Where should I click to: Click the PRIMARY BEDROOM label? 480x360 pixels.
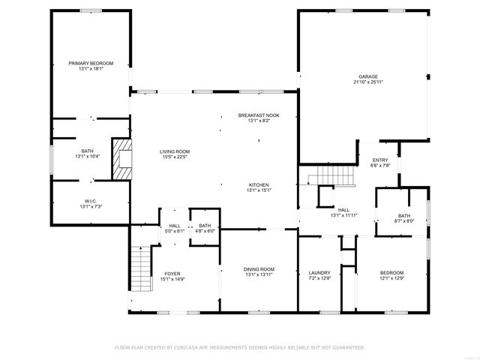91,63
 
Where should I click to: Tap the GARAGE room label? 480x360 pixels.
367,76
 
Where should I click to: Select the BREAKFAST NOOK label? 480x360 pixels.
258,115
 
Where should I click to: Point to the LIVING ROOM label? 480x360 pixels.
174,151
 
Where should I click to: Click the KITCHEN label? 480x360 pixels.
259,184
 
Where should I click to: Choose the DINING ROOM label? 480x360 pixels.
259,269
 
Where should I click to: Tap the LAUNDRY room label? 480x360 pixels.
319,272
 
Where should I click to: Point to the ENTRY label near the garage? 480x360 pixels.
380,160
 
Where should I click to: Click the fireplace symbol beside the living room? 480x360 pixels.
121,159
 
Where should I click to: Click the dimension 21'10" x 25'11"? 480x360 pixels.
367,82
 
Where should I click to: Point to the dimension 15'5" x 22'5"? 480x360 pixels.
174,157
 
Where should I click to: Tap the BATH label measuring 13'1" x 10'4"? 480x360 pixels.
88,151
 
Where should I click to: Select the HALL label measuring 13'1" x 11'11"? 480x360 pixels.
343,210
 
